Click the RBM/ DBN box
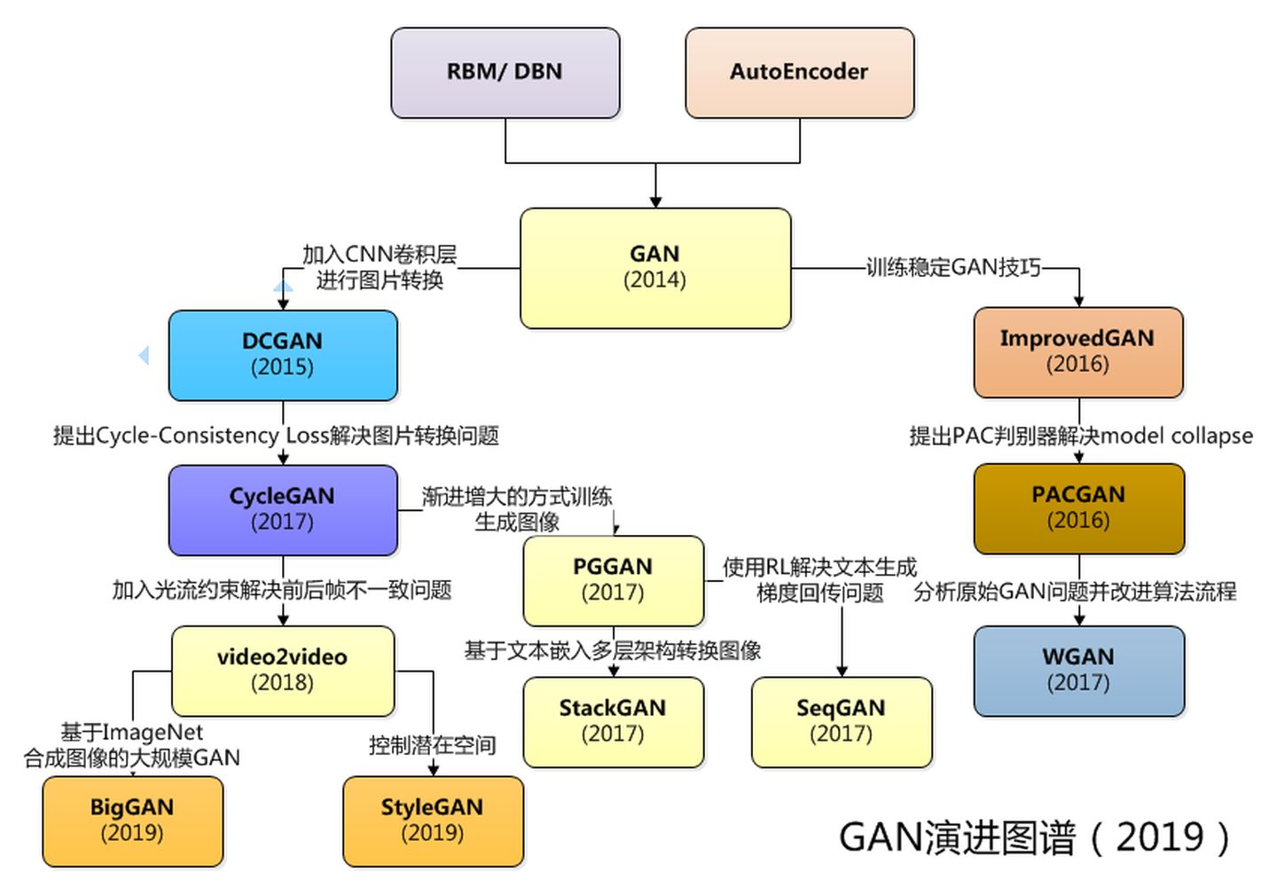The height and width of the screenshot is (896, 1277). [505, 73]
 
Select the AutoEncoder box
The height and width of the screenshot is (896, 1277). [799, 73]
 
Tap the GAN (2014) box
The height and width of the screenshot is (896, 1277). [654, 268]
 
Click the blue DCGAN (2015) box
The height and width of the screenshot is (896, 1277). [283, 355]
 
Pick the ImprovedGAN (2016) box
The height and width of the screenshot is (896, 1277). [1077, 352]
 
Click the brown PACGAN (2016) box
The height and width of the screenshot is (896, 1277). [1078, 508]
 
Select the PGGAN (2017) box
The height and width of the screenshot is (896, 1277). [613, 580]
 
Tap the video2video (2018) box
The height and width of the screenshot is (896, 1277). [283, 671]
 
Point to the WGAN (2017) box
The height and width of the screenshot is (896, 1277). [1078, 671]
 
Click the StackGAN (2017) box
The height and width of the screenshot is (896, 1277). [613, 722]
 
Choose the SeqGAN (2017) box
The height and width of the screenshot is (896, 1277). [841, 722]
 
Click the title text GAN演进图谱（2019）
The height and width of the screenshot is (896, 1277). [1034, 837]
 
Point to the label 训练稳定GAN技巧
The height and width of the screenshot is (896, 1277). [953, 268]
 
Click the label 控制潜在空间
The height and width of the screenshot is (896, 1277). [432, 745]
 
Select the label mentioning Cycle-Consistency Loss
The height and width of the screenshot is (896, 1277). [276, 436]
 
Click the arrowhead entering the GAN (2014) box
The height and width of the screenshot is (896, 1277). [655, 200]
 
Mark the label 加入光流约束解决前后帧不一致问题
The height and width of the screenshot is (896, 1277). [282, 590]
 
